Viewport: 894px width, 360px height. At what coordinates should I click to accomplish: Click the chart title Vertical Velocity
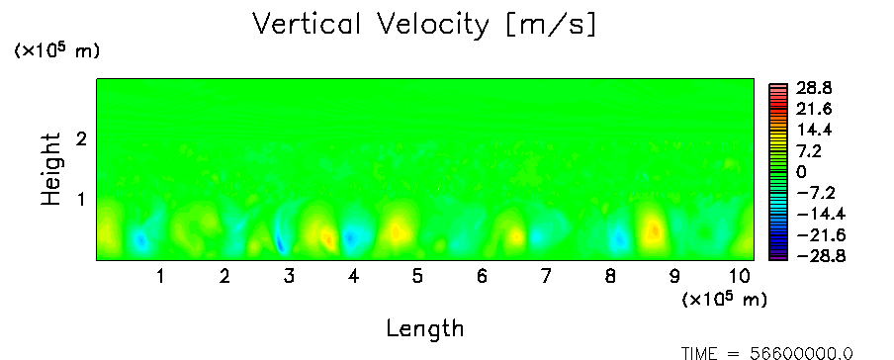point(371,25)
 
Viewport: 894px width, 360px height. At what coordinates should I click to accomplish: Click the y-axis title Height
point(51,169)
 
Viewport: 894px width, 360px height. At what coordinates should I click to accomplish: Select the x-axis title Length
point(425,328)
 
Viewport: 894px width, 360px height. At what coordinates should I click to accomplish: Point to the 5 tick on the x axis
point(417,277)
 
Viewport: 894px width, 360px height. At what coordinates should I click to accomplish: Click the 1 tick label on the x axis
point(161,277)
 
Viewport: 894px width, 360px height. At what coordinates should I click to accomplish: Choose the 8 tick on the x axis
point(610,277)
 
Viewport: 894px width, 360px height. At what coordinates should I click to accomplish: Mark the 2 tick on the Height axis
point(81,138)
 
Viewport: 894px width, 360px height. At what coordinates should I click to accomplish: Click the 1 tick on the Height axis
point(81,200)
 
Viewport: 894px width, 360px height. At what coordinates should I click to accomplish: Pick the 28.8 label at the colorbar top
point(815,88)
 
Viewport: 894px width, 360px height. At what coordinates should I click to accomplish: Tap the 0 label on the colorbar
point(803,172)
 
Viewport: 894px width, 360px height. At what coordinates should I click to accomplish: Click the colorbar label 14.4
point(815,131)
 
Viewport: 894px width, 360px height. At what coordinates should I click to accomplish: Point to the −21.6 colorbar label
point(820,235)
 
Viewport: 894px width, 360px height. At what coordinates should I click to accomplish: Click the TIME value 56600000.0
point(801,353)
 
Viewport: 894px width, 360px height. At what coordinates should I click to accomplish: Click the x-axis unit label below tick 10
point(724,299)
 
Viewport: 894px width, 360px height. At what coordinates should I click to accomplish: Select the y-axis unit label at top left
point(56,50)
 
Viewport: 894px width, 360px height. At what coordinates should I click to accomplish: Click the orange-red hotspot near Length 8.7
point(655,229)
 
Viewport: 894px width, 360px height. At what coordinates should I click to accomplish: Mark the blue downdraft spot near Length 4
point(351,236)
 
